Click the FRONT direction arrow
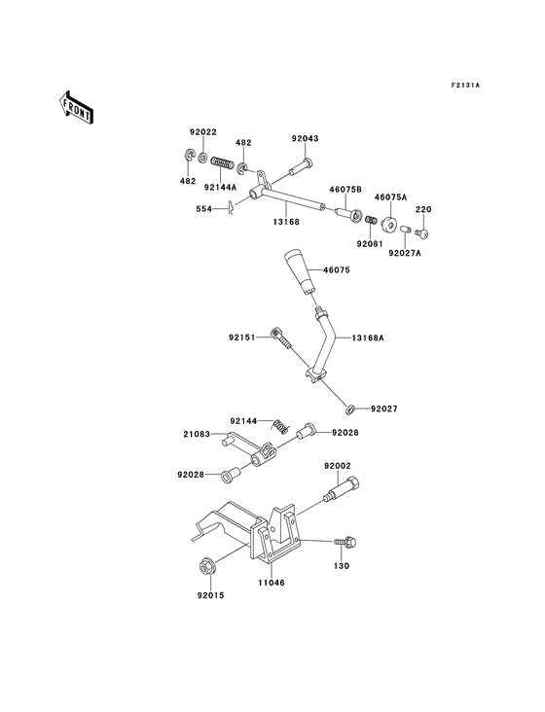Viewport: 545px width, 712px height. pyautogui.click(x=77, y=105)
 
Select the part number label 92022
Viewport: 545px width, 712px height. pyautogui.click(x=202, y=132)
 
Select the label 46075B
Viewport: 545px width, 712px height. pyautogui.click(x=345, y=190)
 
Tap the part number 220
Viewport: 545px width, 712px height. pyautogui.click(x=423, y=208)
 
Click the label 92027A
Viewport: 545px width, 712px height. pyautogui.click(x=405, y=252)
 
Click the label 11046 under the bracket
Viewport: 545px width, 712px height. pyautogui.click(x=271, y=584)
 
